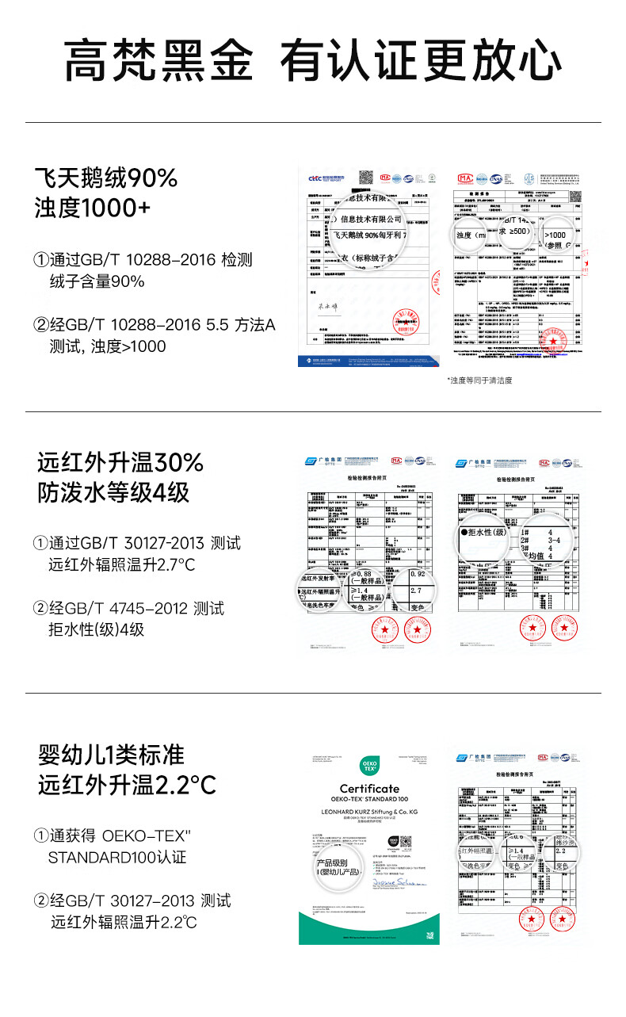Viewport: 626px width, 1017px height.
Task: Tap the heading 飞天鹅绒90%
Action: coord(106,178)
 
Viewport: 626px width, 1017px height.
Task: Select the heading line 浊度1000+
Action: coord(92,208)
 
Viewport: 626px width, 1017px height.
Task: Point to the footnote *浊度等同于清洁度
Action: coord(479,380)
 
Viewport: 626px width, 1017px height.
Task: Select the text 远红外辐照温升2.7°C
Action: coord(122,565)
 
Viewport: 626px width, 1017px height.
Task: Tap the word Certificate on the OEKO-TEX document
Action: coord(369,788)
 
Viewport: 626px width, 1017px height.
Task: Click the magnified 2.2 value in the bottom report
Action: coord(562,851)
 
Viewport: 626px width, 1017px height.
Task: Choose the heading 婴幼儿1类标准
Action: coord(112,754)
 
